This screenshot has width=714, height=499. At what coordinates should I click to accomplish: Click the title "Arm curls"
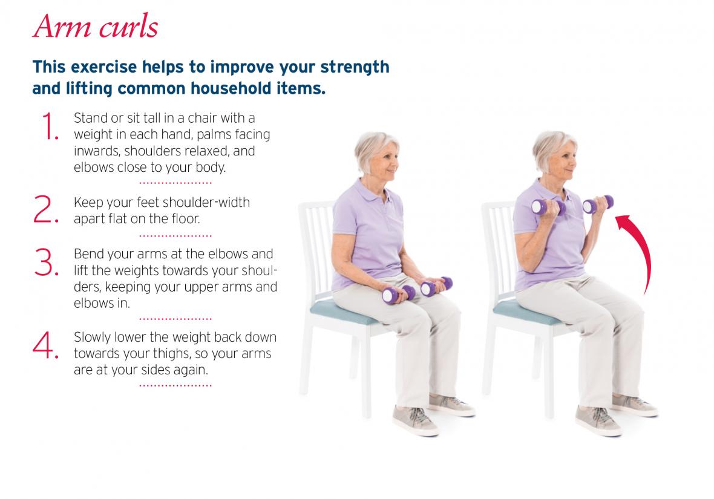96,27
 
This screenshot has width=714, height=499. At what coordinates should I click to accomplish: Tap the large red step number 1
49,126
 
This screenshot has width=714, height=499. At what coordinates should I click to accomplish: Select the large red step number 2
45,209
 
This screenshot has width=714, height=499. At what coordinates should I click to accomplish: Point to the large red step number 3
46,262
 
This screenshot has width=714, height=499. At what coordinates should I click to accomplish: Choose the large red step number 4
45,345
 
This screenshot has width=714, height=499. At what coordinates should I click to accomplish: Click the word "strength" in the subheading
355,67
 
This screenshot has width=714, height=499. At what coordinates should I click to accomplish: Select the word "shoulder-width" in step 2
206,202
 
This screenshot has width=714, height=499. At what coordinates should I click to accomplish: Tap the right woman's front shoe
597,420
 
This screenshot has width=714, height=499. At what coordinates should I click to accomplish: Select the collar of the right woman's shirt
552,191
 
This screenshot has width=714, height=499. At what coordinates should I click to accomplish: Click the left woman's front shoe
415,420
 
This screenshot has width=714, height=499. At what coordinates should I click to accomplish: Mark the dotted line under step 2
175,236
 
